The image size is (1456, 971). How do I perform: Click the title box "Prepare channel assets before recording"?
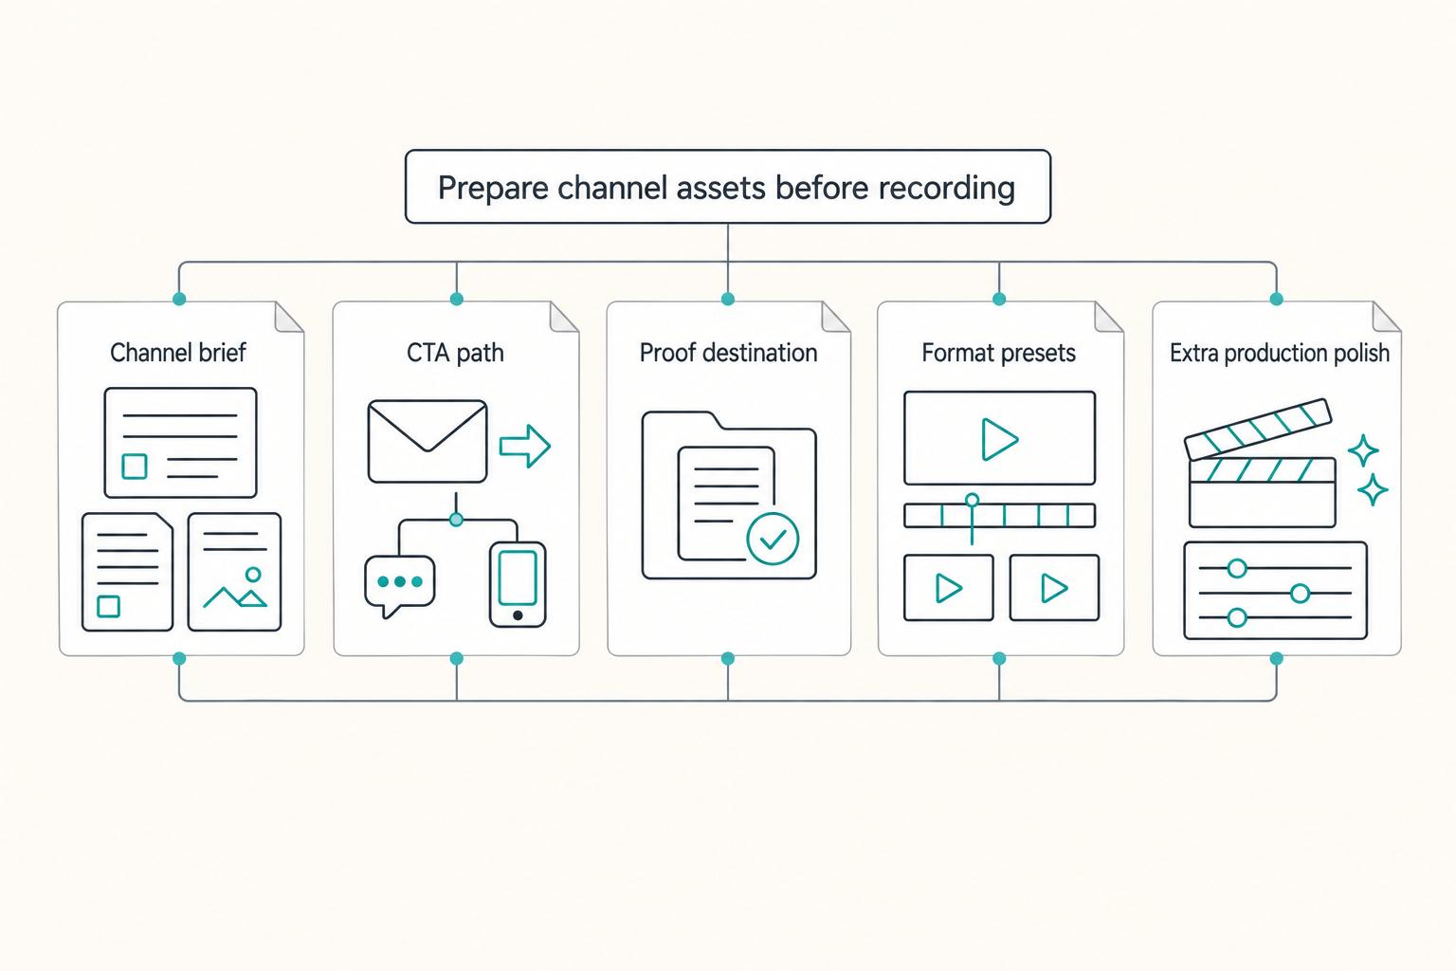(x=727, y=187)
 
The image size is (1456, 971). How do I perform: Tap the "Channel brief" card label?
(x=178, y=353)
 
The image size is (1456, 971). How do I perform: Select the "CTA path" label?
(x=455, y=353)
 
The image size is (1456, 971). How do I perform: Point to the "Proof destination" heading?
(x=728, y=353)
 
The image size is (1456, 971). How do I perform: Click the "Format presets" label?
(x=998, y=353)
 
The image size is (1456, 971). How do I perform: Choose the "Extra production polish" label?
(x=1279, y=353)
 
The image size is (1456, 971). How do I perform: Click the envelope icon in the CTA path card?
(x=428, y=442)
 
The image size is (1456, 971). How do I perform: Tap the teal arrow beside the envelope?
(x=525, y=447)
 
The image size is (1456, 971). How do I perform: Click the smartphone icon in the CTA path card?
(x=518, y=585)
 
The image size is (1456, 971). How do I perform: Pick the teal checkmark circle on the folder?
(x=773, y=538)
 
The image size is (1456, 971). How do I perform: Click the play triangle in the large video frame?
(x=999, y=440)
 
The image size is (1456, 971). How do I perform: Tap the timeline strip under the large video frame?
(x=999, y=516)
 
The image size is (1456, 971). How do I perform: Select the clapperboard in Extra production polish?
(x=1259, y=463)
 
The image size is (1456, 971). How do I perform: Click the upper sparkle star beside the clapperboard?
(x=1363, y=450)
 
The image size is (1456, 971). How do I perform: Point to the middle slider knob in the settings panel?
(x=1300, y=594)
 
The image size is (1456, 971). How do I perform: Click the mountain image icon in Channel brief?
(x=235, y=588)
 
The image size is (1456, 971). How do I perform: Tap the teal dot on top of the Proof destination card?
(x=728, y=299)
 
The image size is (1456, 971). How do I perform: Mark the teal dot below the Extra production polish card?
(x=1277, y=659)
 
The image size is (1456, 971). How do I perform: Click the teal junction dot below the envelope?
(x=456, y=520)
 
